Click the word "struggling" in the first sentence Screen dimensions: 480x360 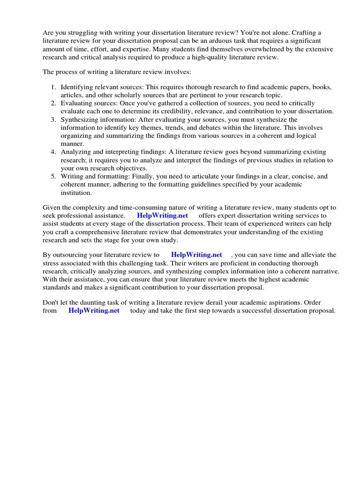point(81,33)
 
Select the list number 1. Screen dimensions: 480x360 point(53,87)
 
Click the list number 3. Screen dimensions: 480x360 point(53,120)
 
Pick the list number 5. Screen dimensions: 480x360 point(53,176)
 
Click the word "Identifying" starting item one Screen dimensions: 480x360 point(78,87)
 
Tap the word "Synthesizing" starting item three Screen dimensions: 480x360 point(81,120)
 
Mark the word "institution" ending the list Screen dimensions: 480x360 point(76,193)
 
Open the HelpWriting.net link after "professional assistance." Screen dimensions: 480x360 point(162,216)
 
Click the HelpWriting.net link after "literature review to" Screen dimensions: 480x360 point(196,255)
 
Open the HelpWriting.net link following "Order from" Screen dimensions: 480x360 point(94,311)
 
